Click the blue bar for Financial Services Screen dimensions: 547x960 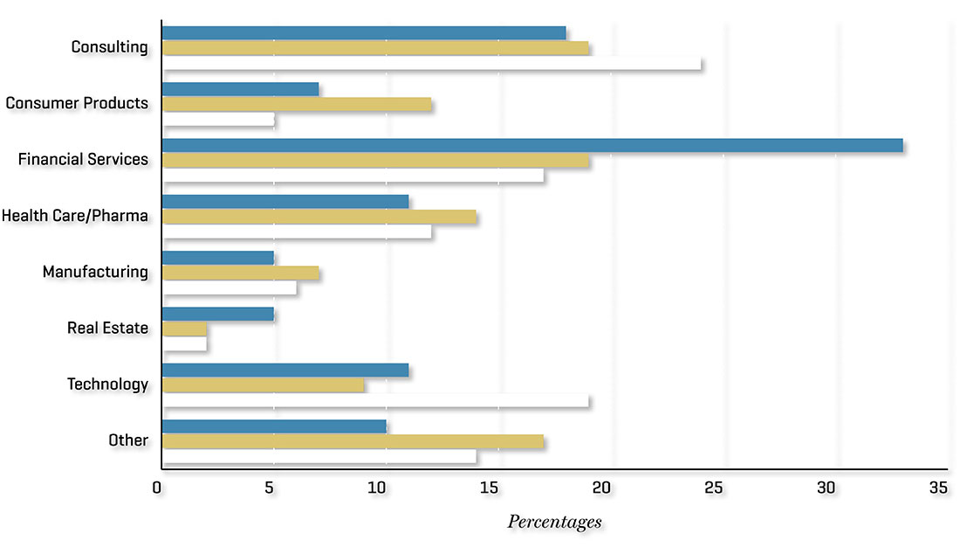click(532, 146)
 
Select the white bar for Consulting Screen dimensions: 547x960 click(432, 64)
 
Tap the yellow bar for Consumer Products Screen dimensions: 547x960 click(297, 105)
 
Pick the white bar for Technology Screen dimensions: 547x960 click(375, 401)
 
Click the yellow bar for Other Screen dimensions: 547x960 click(353, 442)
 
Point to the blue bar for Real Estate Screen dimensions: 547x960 click(218, 314)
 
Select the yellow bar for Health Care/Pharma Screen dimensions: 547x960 click(319, 217)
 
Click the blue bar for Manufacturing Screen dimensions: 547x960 click(218, 258)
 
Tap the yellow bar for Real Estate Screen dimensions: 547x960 click(185, 329)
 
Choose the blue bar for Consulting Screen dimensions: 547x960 click(364, 33)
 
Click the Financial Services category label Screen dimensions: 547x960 click(83, 159)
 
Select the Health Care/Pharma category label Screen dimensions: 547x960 click(75, 215)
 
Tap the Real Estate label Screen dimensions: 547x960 click(107, 329)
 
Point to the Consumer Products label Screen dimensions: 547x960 click(77, 103)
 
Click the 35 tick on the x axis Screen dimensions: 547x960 click(938, 488)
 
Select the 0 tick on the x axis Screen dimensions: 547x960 click(157, 488)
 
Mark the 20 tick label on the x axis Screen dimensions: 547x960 click(601, 488)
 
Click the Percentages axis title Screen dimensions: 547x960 click(554, 523)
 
